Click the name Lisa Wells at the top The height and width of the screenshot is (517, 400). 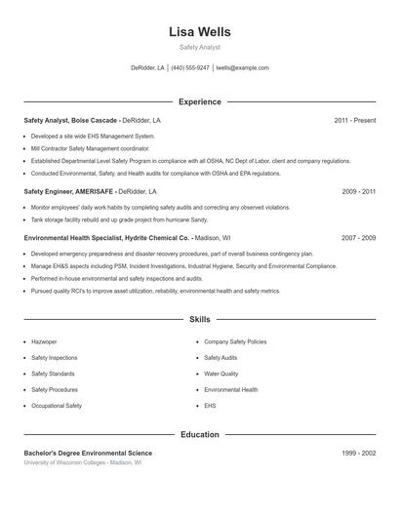click(x=200, y=31)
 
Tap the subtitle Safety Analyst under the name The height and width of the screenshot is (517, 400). click(x=200, y=47)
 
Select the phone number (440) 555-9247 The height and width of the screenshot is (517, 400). click(x=190, y=68)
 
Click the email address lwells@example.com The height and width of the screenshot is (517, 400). click(x=242, y=68)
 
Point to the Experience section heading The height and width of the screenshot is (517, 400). click(x=199, y=101)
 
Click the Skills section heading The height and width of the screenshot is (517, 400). click(x=199, y=319)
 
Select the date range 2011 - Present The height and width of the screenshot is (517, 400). click(x=354, y=120)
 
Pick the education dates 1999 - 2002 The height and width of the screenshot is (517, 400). click(x=359, y=454)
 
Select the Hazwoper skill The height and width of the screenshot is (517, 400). click(x=44, y=342)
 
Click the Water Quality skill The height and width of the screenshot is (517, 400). click(x=220, y=374)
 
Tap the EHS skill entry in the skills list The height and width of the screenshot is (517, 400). click(x=210, y=405)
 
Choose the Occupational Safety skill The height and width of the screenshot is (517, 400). click(x=57, y=405)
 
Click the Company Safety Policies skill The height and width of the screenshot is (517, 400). click(x=235, y=342)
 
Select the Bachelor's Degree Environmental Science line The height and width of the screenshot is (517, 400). click(x=88, y=454)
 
